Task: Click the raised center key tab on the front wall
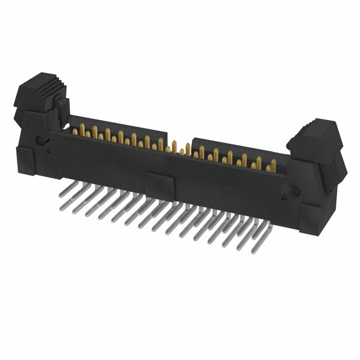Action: click(x=159, y=182)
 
